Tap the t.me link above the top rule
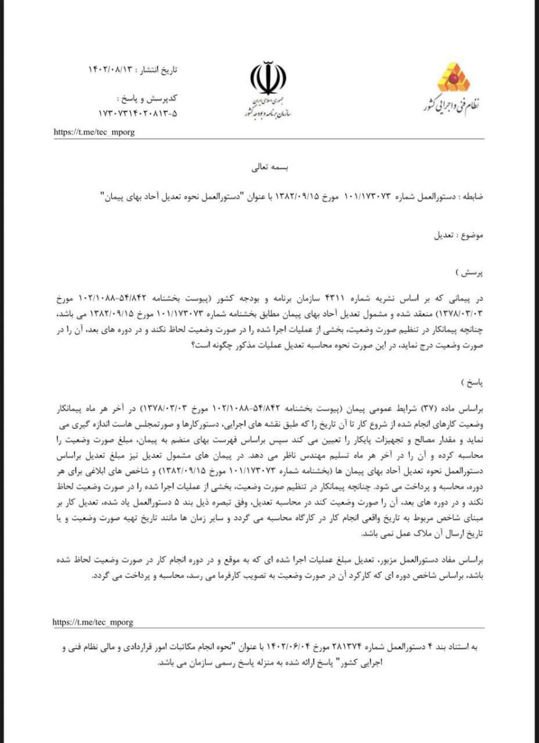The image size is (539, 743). (94, 132)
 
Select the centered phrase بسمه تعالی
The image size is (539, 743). (268, 167)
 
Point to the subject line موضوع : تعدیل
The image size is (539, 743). (460, 237)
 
